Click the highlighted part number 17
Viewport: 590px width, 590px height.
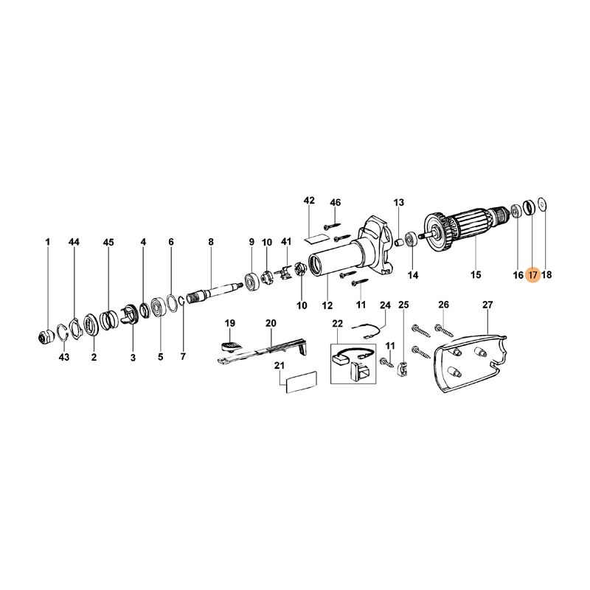tap(532, 275)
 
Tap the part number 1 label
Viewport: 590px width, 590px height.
tap(48, 242)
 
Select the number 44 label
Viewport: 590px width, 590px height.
tap(74, 242)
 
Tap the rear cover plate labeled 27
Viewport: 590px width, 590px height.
tap(471, 363)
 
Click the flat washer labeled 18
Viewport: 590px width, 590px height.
tap(542, 205)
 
